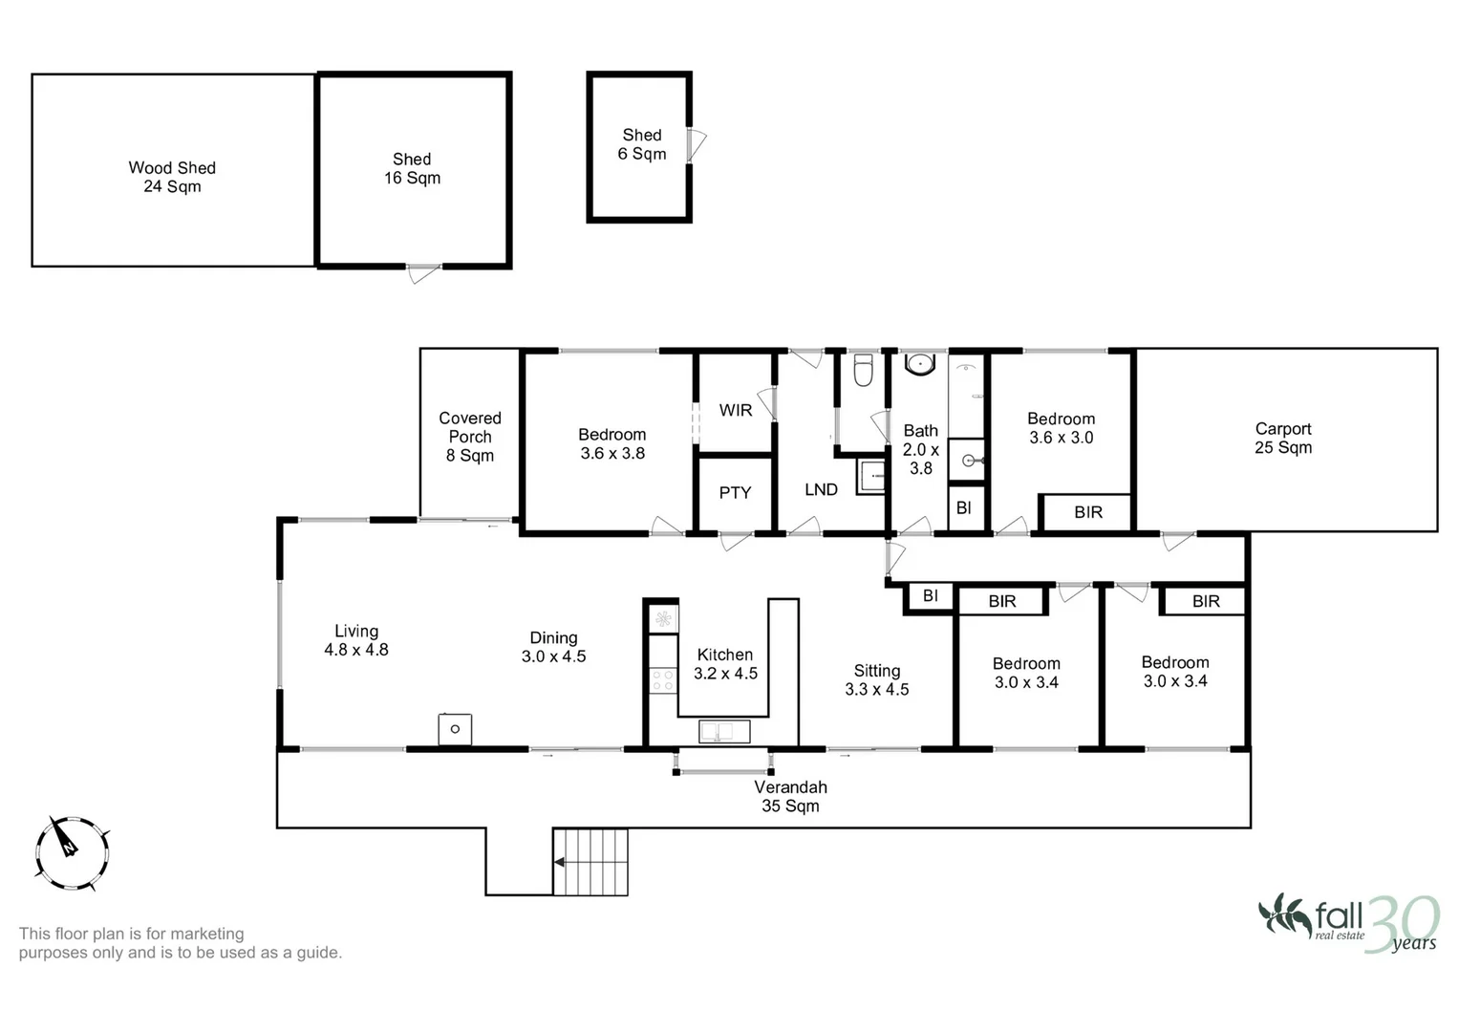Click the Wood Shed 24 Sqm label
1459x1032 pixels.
coord(172,177)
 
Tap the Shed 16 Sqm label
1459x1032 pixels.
coord(412,169)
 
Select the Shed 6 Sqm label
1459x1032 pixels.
coord(642,144)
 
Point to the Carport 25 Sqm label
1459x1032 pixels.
coord(1282,439)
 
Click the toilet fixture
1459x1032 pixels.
coord(863,371)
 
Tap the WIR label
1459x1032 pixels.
coord(735,410)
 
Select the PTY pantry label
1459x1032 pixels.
coord(735,493)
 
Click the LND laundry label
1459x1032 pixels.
coord(821,490)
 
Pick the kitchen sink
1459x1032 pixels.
coord(724,732)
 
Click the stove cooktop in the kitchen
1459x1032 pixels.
coord(662,680)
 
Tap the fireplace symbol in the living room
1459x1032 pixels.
coord(455,729)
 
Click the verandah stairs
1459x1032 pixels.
coord(590,862)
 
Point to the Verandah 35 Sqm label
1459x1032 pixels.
coord(790,797)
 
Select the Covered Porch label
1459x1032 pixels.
coord(469,437)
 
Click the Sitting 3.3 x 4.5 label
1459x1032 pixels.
coord(876,680)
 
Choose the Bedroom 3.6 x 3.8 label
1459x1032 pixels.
coord(611,444)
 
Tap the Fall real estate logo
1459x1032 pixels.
coord(1347,923)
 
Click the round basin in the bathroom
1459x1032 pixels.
coord(920,363)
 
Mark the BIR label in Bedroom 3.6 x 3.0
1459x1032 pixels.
coord(1088,512)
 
